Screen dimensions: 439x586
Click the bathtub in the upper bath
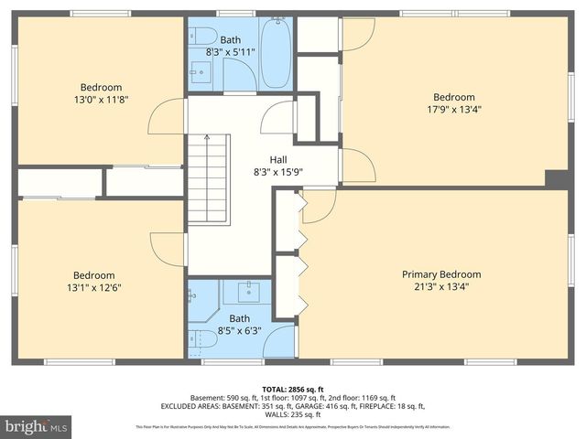[275, 53]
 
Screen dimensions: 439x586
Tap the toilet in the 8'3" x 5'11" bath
[206, 37]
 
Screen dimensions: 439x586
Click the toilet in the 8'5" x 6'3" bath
[206, 339]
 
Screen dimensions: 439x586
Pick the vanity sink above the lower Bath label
[247, 293]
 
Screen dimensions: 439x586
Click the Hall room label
[278, 158]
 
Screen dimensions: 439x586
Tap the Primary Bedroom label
[441, 274]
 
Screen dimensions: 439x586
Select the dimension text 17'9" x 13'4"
[454, 110]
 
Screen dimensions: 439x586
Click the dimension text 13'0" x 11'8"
[101, 100]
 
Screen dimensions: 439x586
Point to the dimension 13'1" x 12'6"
[94, 287]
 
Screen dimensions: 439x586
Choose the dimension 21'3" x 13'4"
[441, 287]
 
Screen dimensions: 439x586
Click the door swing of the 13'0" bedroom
[168, 117]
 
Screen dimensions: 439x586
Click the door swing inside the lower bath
[279, 343]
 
